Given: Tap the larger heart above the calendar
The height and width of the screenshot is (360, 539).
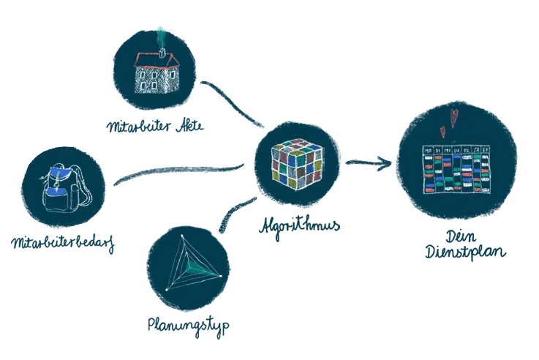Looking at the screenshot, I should point(453,116).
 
